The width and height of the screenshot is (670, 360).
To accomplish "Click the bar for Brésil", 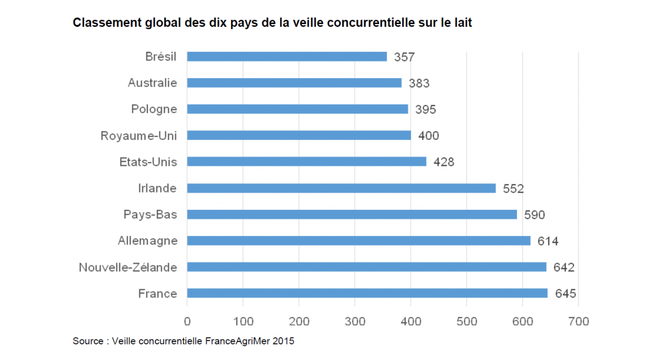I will [287, 56].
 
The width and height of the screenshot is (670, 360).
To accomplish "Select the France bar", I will [367, 293].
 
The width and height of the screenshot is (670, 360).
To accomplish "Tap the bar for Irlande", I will [341, 188].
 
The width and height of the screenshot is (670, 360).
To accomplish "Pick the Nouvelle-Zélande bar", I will [366, 267].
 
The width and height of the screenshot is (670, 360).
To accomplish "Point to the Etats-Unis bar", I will [307, 162].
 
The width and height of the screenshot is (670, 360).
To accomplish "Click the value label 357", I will [405, 57].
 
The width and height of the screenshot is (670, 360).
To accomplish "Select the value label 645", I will [566, 294].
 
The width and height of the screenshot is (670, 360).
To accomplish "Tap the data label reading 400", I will [429, 136].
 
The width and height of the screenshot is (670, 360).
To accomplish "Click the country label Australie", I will [152, 83].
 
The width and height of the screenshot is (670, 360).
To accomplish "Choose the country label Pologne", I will [154, 109].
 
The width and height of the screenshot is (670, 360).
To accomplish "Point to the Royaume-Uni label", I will [139, 136].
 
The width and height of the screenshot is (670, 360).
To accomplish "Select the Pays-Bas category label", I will [150, 214].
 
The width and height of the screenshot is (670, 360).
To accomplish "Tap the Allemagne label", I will [148, 241].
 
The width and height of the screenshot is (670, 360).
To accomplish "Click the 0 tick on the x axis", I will [187, 321].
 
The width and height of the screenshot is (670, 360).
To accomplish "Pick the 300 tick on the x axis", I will [355, 321].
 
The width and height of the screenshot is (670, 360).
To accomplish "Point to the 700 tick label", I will [578, 321].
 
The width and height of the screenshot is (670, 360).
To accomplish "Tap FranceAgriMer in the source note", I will [237, 341].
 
